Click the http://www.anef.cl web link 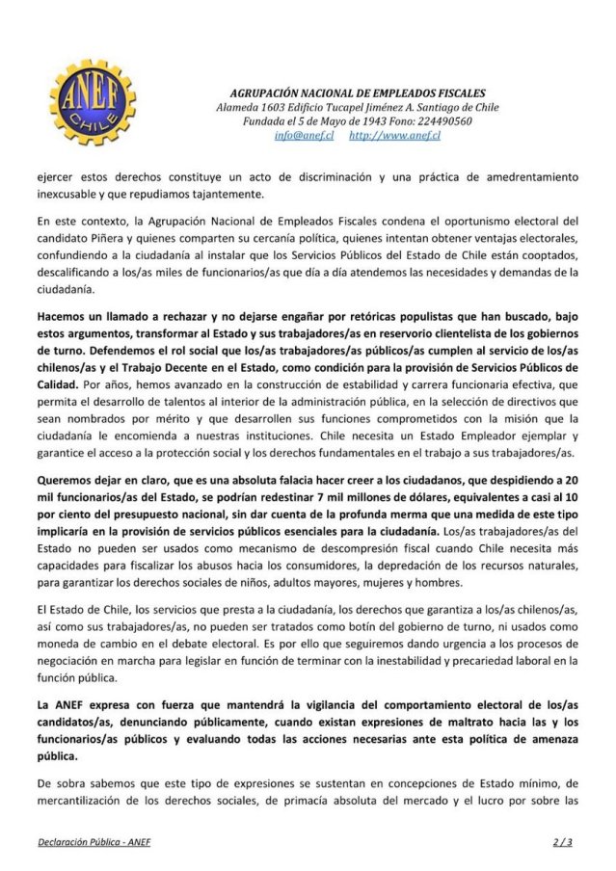395,136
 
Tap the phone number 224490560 443,121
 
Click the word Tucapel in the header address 353,107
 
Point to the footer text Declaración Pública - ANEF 94,841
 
